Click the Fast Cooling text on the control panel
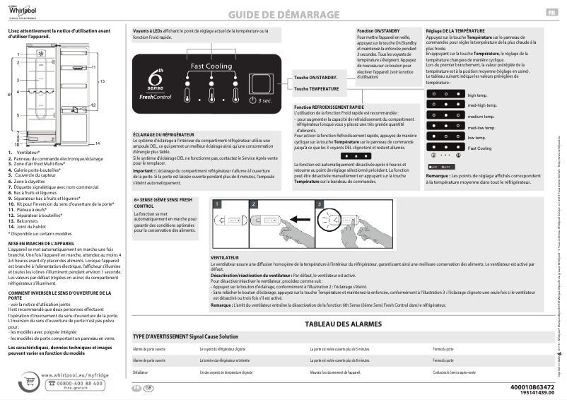coord(210,66)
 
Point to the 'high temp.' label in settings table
coord(478,95)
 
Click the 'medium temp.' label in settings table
coord(481,116)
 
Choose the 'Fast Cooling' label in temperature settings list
coord(480,148)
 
